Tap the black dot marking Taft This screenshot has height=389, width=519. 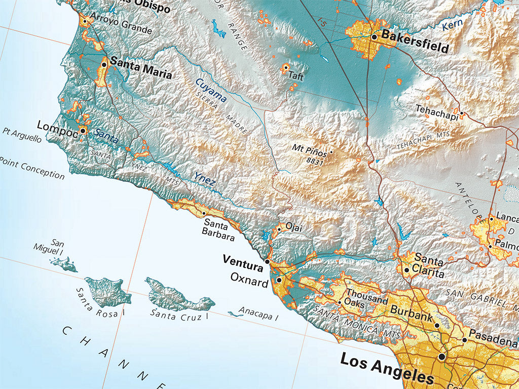286,67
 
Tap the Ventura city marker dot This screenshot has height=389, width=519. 268,262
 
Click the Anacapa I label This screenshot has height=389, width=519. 258,314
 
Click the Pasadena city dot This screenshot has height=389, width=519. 465,340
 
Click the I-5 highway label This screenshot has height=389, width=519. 321,22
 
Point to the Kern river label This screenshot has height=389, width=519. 453,25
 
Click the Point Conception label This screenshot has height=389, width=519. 32,168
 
